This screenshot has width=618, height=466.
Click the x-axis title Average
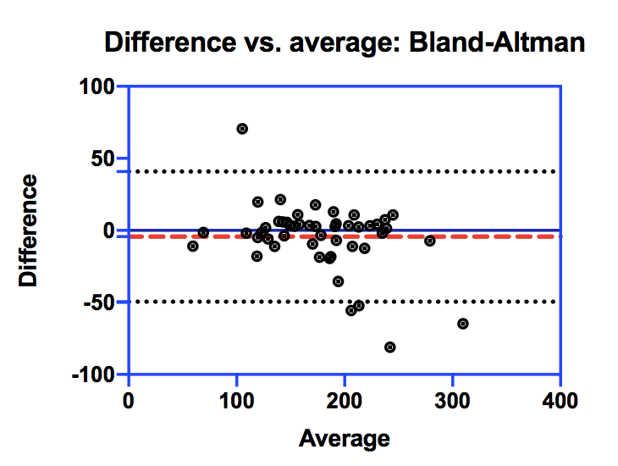point(345,438)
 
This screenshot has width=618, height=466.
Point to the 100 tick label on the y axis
point(98,86)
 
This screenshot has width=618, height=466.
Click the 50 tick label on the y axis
point(105,158)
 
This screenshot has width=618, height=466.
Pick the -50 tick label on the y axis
point(102,302)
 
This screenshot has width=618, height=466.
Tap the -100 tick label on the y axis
point(95,374)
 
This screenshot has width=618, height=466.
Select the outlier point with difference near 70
point(242,129)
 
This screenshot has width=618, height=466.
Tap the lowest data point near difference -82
point(390,347)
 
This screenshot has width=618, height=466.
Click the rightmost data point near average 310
point(463,324)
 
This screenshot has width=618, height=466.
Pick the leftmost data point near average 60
point(193,246)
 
